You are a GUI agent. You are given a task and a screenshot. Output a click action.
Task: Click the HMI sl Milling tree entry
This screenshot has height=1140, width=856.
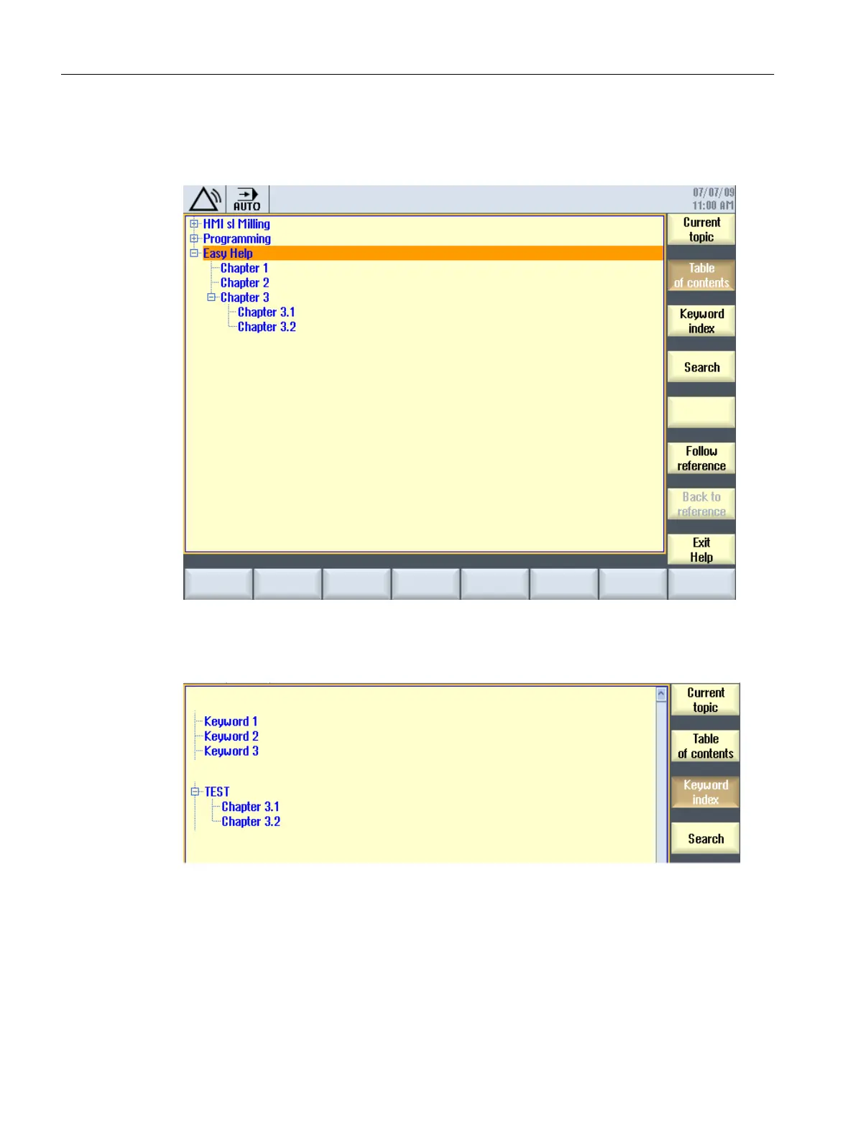coord(236,224)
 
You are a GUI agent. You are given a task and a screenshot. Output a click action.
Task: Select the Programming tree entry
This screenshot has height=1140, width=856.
coord(236,238)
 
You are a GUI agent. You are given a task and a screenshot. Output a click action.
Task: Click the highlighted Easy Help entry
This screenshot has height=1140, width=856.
coord(228,254)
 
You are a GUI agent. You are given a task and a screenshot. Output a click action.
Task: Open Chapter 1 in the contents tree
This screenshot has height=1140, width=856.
coord(244,268)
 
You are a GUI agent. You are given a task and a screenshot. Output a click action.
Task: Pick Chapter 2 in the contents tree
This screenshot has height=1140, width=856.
coord(244,283)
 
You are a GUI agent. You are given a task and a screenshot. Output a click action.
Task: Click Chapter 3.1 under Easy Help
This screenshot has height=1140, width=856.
coord(266,312)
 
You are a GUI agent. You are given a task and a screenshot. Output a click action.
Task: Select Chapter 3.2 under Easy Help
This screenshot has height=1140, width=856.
coord(267,327)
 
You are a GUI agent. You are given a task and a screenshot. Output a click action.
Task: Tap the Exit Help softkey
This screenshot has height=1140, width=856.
coord(701,550)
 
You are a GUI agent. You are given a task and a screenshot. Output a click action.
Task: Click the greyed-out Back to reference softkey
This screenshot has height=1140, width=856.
coord(701,504)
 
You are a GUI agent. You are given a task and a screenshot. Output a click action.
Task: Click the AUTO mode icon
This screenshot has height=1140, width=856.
coord(247,199)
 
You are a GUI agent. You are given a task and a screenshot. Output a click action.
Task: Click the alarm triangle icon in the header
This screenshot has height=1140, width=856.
coord(205,199)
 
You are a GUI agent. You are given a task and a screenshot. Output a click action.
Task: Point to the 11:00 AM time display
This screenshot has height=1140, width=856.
coord(712,205)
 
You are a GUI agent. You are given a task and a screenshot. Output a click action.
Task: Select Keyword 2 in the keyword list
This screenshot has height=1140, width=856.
coord(231,736)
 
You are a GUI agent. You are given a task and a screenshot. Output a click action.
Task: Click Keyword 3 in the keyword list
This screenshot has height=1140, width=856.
coord(231,751)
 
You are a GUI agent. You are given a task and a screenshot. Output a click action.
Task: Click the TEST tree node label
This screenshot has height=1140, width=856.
coord(216,792)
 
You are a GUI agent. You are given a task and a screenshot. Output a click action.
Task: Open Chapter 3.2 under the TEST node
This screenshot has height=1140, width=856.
coord(250,821)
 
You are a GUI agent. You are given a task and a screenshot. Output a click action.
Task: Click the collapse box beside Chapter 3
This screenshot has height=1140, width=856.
coord(211,297)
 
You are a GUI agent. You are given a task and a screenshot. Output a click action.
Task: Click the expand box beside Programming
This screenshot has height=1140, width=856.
coord(194,238)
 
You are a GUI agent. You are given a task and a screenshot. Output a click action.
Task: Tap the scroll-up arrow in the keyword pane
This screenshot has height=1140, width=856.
coord(661,694)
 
